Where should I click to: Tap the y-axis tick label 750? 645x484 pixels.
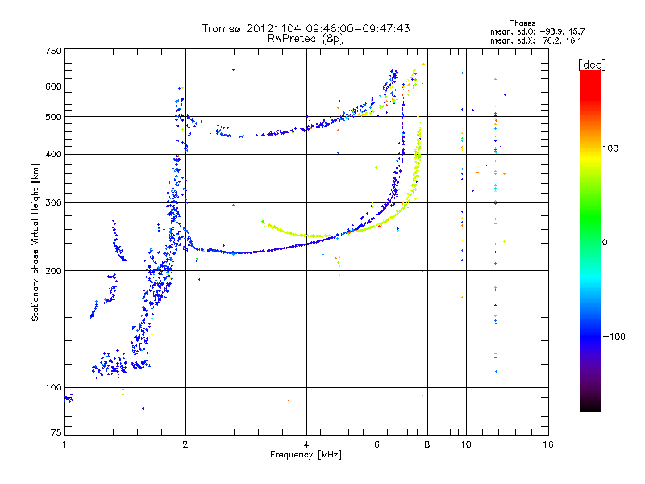point(53,50)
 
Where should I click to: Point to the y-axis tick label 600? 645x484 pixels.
point(53,86)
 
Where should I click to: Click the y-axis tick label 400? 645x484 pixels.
point(53,154)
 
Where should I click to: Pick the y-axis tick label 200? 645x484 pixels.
point(53,270)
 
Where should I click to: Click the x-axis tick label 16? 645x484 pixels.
point(549,444)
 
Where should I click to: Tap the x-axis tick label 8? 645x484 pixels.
point(427,444)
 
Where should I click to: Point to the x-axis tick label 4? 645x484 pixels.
point(306,444)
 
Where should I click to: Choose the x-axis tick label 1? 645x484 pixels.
point(64,444)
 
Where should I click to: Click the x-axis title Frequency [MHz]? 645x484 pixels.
point(306,455)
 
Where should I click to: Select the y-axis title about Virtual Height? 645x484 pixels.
point(35,242)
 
